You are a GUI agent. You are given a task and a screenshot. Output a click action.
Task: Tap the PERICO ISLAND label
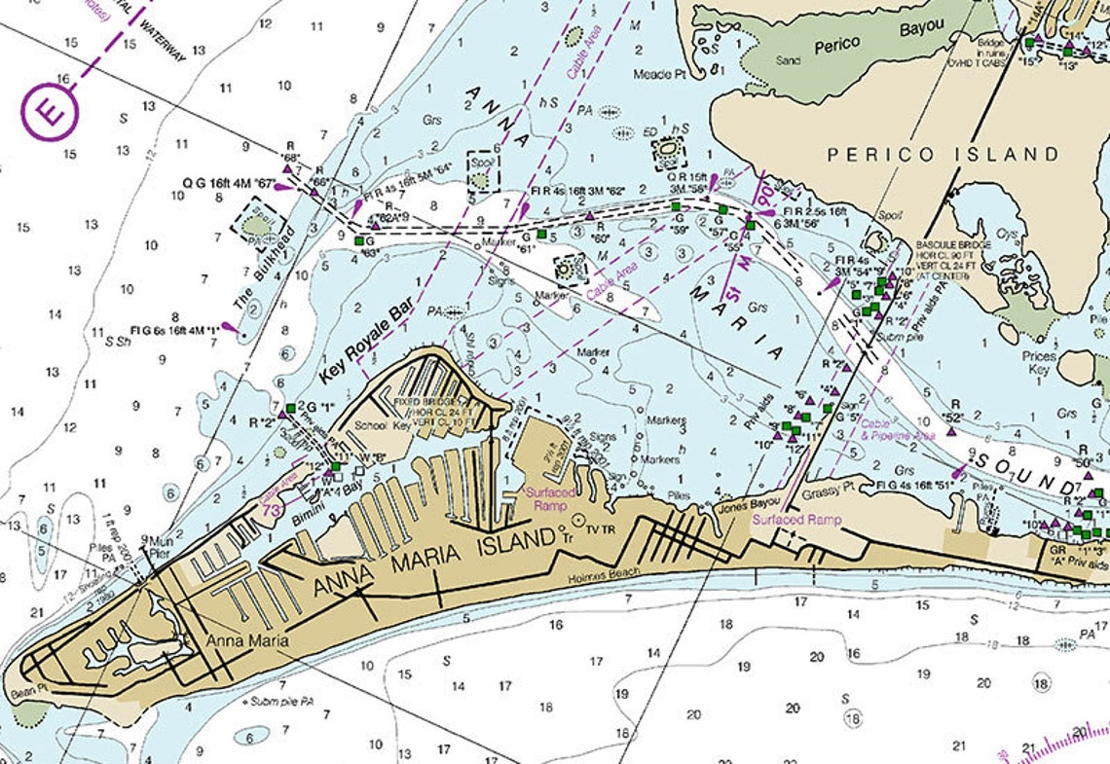pos(942,155)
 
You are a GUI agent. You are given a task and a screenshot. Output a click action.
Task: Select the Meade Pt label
pos(653,75)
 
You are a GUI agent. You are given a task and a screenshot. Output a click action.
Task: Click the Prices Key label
pos(1039,363)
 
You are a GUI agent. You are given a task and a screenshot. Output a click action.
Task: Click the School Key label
pos(369,425)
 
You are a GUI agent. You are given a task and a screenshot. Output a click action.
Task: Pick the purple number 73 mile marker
pos(274,510)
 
